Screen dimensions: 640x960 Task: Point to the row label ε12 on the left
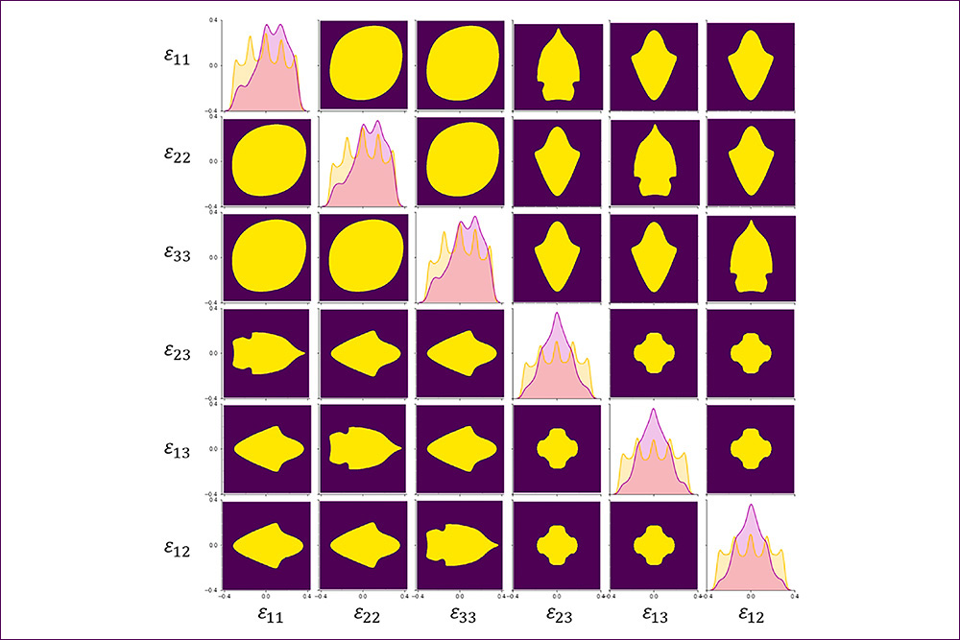tap(177, 544)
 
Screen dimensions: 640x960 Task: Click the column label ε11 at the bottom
tap(269, 612)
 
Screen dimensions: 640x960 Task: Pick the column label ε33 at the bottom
tap(461, 612)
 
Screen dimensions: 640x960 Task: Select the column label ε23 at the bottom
tap(557, 612)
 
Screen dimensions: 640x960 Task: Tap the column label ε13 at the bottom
tap(654, 612)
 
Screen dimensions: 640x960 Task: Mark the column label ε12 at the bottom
tap(750, 612)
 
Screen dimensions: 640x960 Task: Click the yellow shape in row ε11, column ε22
tap(364, 65)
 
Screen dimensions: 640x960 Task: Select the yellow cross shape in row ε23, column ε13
tap(654, 353)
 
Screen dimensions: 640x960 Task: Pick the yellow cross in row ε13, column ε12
tap(750, 449)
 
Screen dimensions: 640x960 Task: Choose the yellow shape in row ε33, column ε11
tap(267, 257)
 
